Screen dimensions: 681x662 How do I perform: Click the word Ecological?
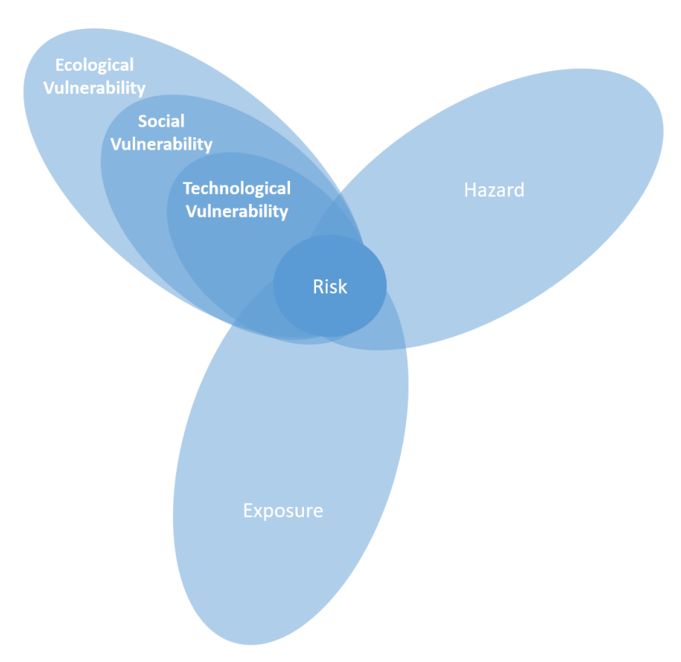[94, 66]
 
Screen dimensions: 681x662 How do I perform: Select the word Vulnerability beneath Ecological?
[94, 88]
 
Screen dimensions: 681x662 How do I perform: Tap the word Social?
[161, 121]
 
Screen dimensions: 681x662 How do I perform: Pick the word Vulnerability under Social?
[161, 144]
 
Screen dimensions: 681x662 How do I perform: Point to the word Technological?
[237, 189]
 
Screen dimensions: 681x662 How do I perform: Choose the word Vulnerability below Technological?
[237, 212]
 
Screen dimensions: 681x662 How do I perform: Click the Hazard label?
[494, 190]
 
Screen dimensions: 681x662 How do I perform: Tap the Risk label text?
[330, 286]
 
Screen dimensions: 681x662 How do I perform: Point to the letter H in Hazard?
[470, 191]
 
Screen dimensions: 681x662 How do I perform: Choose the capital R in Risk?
[318, 287]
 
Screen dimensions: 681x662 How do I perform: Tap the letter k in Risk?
[342, 286]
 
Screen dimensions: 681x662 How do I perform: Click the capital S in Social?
[143, 121]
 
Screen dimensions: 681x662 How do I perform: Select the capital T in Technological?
[188, 189]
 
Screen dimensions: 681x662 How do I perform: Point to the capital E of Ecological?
[60, 66]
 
